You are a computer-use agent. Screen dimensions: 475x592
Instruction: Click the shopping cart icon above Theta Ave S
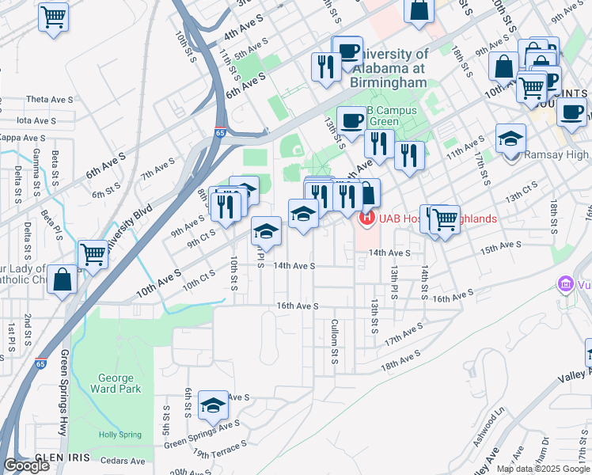pyautogui.click(x=53, y=16)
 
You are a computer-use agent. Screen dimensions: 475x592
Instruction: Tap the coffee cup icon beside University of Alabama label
pyautogui.click(x=347, y=51)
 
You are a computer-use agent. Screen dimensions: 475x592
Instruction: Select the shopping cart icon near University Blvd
pyautogui.click(x=93, y=255)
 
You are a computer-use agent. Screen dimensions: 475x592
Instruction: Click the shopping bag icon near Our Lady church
pyautogui.click(x=62, y=280)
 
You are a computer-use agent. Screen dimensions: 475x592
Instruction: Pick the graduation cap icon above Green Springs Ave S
pyautogui.click(x=212, y=406)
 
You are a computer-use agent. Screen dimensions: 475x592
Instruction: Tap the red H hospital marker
pyautogui.click(x=366, y=218)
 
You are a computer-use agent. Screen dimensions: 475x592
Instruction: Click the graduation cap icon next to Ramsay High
pyautogui.click(x=510, y=138)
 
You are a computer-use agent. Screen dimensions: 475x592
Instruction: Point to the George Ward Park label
pyautogui.click(x=116, y=383)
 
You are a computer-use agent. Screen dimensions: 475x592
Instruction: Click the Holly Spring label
pyautogui.click(x=117, y=435)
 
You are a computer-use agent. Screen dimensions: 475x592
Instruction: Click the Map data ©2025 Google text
pyautogui.click(x=543, y=469)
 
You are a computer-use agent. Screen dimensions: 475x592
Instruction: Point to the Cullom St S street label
pyautogui.click(x=335, y=342)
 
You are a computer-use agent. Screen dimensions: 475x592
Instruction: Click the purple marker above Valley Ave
pyautogui.click(x=565, y=283)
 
